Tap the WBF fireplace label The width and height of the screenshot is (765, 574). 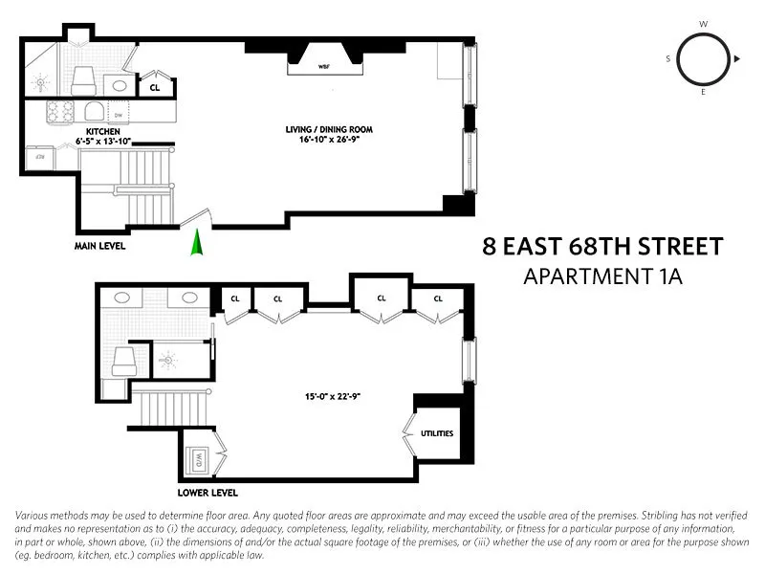(324, 66)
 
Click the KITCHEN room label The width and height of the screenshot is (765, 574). (102, 131)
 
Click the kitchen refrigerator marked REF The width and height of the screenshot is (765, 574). (41, 154)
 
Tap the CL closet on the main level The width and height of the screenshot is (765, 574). (155, 87)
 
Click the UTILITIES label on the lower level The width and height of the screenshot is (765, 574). (435, 433)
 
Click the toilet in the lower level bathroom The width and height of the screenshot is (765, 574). (123, 360)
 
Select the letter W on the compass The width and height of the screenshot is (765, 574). (703, 24)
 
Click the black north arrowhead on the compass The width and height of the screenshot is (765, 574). (736, 59)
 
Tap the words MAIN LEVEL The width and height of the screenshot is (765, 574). (99, 246)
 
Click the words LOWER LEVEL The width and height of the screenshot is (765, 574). (208, 493)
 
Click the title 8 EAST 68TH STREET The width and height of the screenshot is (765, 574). (601, 248)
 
